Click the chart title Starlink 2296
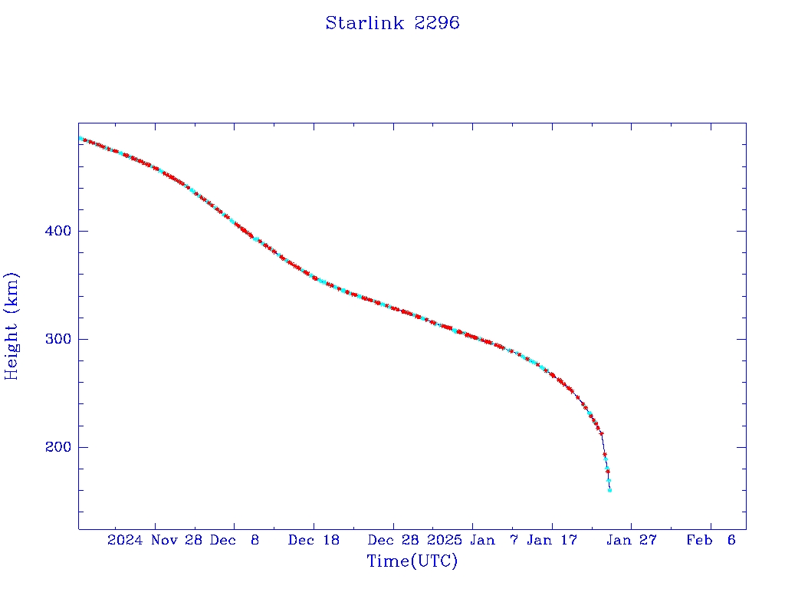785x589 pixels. point(392,23)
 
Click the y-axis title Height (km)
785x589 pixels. point(11,326)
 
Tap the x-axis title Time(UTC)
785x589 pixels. point(412,561)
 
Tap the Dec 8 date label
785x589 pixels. point(235,540)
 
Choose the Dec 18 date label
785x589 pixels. point(314,540)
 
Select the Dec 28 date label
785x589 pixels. point(393,540)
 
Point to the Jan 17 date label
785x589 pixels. point(552,540)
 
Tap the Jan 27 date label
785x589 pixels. point(632,540)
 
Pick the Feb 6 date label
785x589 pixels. point(711,540)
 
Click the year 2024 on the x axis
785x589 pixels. point(125,540)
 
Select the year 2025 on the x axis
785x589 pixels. point(445,540)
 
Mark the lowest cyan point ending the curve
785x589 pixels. point(609,490)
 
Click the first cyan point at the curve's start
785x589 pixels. point(80,139)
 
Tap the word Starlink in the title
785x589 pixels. point(365,23)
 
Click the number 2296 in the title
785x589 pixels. point(436,23)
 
